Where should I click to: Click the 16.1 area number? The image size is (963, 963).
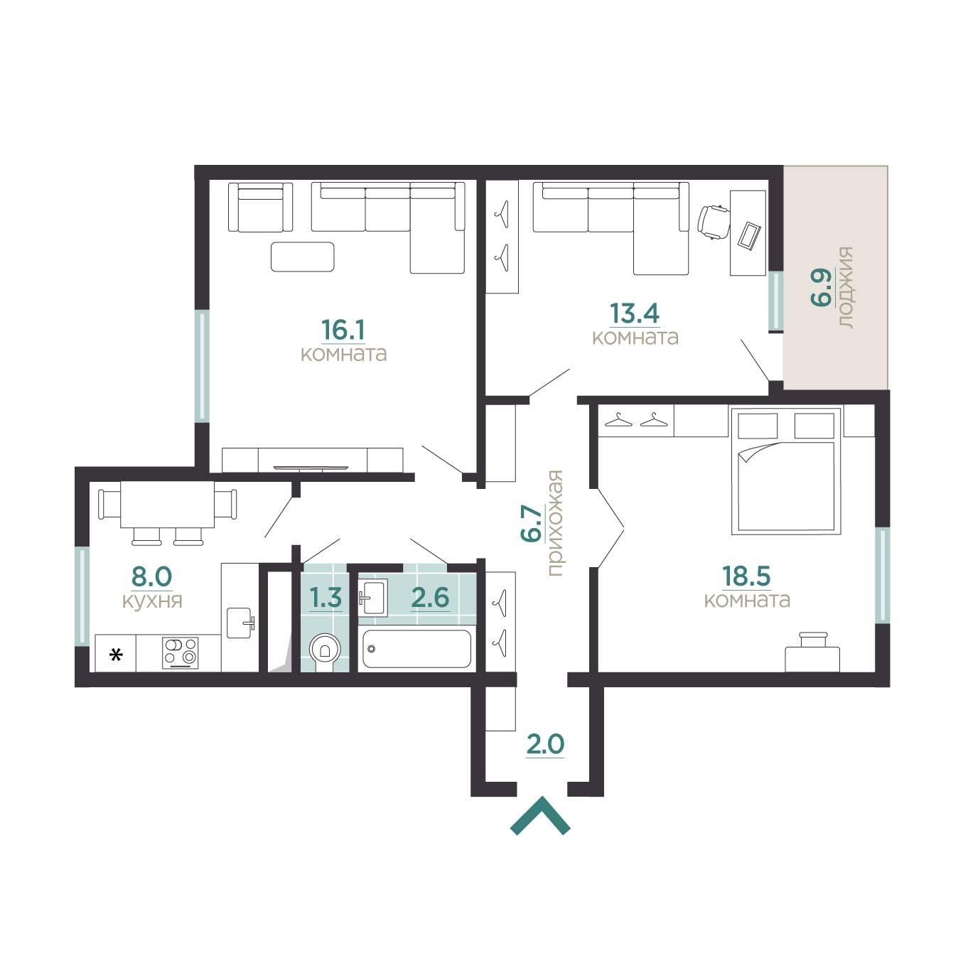click(x=343, y=329)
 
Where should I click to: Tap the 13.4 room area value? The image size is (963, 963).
click(x=635, y=313)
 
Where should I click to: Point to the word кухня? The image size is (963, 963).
click(x=152, y=601)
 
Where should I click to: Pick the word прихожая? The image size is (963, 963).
click(x=555, y=523)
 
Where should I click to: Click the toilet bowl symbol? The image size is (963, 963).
click(x=326, y=650)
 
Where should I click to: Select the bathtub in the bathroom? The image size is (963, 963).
click(x=416, y=649)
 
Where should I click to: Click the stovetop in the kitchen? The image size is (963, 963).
click(x=180, y=652)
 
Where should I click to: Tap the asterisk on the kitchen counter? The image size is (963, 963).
click(x=117, y=654)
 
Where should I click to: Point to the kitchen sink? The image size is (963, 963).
click(x=241, y=623)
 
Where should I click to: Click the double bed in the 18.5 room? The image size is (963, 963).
click(x=785, y=471)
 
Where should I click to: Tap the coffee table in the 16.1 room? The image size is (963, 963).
click(x=303, y=257)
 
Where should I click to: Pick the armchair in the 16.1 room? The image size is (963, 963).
click(x=260, y=207)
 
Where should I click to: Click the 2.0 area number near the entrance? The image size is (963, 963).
click(x=545, y=744)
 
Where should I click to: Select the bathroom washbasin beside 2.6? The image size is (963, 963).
click(x=372, y=597)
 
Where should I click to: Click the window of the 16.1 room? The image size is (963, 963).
click(x=202, y=366)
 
